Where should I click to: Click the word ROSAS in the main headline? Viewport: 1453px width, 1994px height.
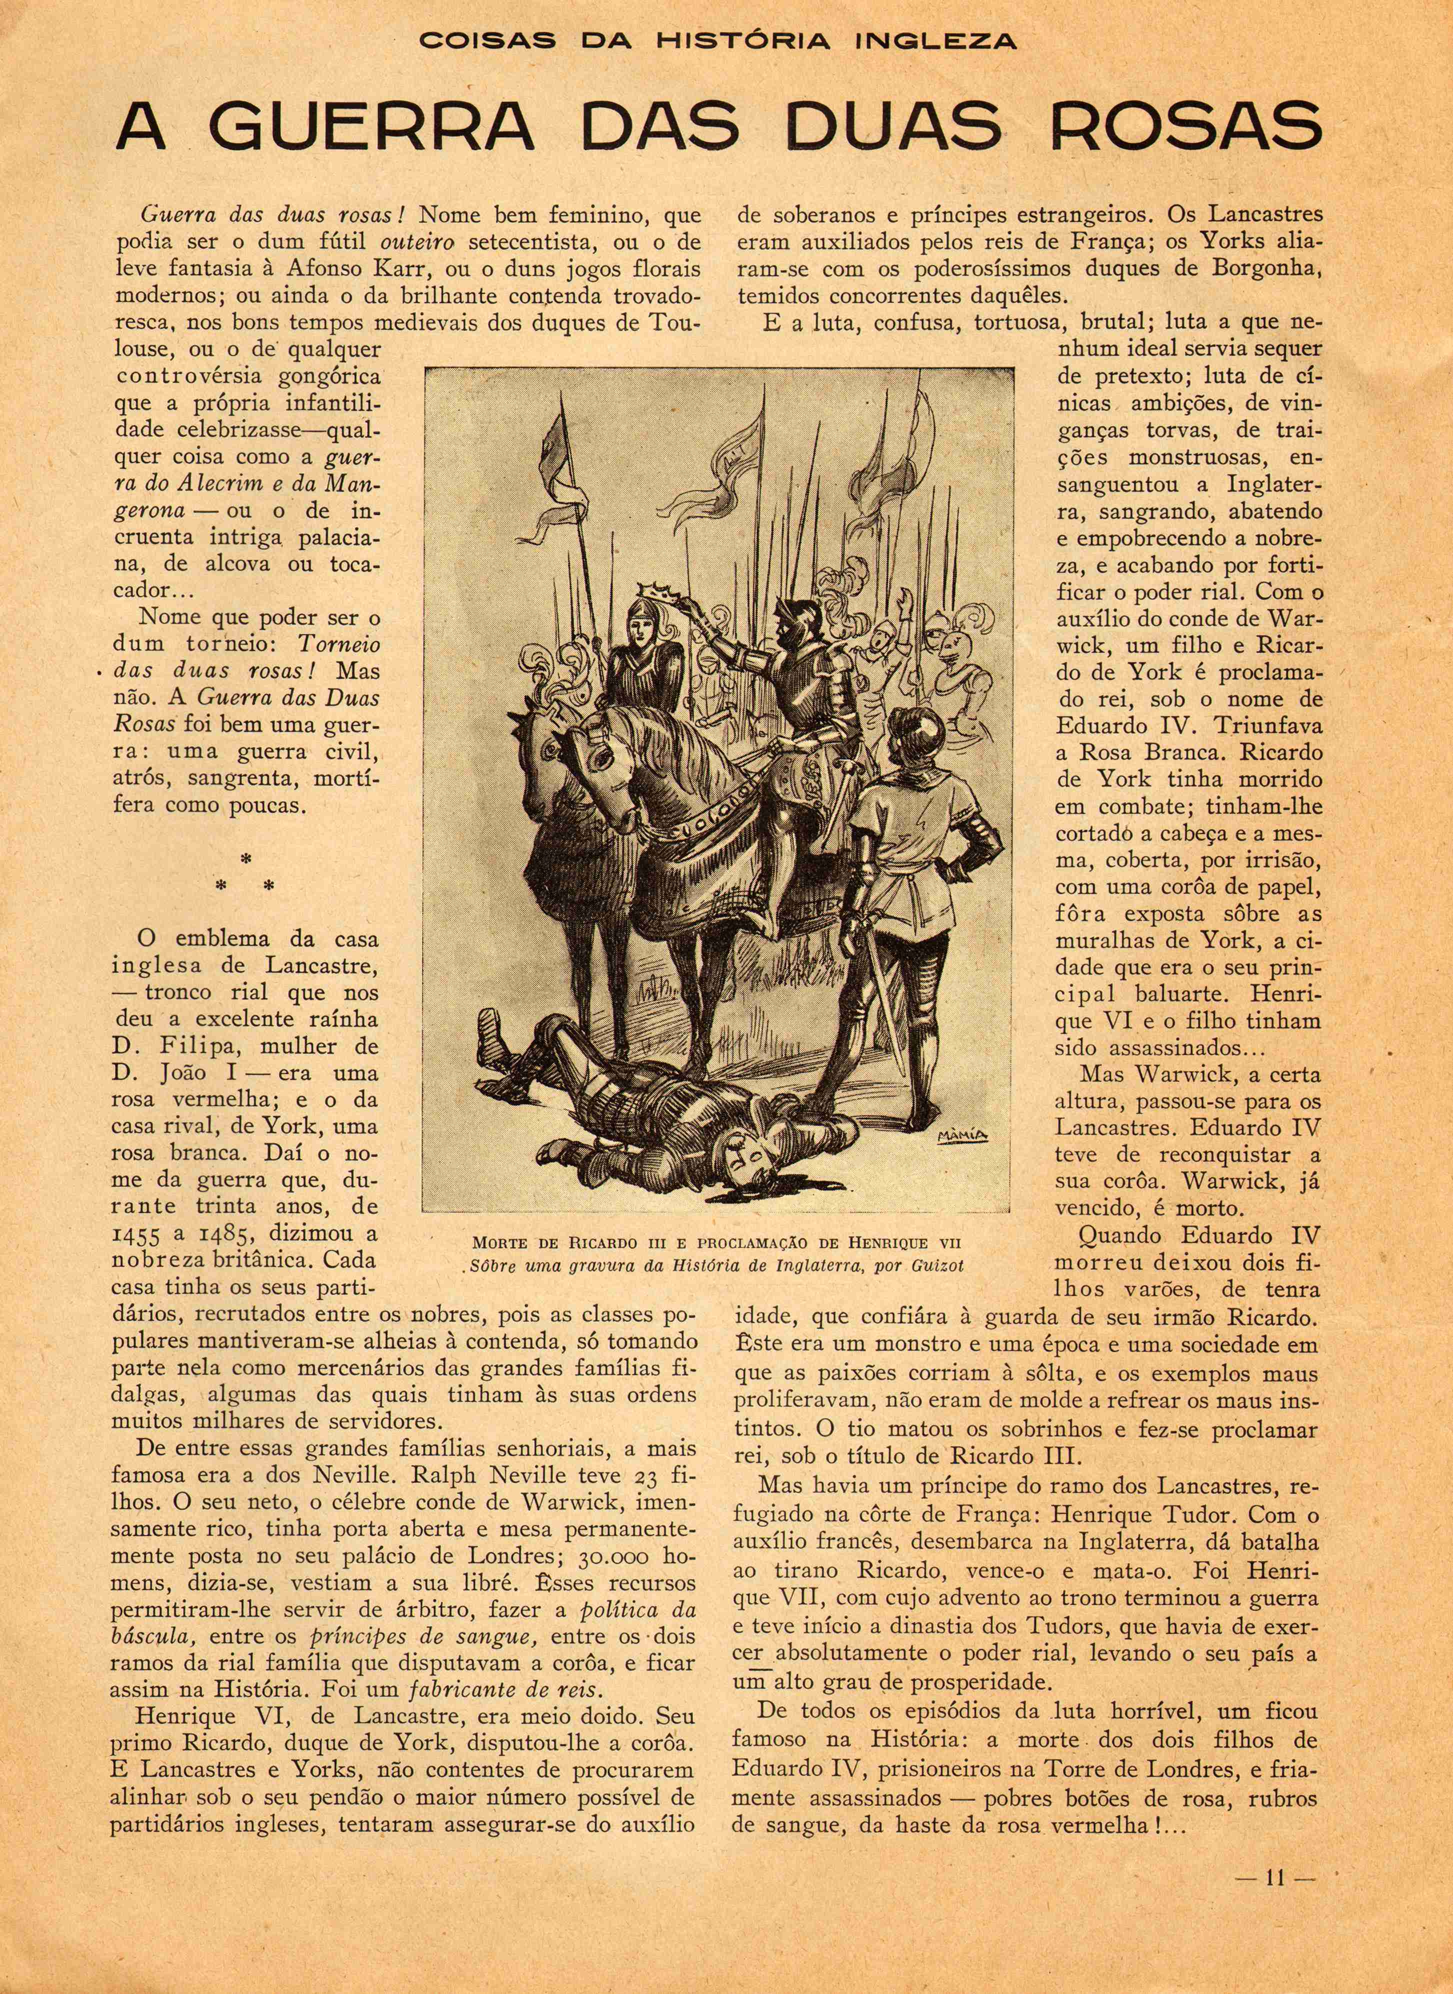1184,128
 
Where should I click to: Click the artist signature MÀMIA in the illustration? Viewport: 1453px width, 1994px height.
963,1134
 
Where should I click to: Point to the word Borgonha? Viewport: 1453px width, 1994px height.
1265,268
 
